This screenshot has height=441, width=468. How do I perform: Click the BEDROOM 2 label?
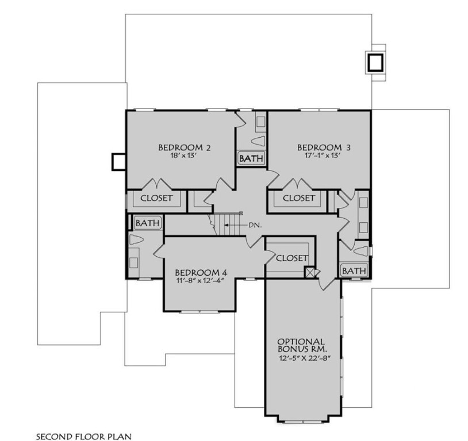(185, 148)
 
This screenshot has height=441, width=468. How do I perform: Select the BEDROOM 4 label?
(197, 272)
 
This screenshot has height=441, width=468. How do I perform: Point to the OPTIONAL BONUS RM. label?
(302, 345)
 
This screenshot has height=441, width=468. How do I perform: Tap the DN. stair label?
(255, 225)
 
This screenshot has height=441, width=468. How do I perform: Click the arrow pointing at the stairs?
(235, 225)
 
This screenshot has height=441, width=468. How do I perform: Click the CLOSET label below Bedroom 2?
(156, 198)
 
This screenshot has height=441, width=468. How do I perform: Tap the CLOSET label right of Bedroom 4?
(292, 258)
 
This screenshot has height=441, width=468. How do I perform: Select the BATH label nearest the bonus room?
(354, 270)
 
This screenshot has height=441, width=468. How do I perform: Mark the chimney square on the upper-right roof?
(376, 61)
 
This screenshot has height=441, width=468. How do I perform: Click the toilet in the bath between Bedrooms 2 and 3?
(259, 141)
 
